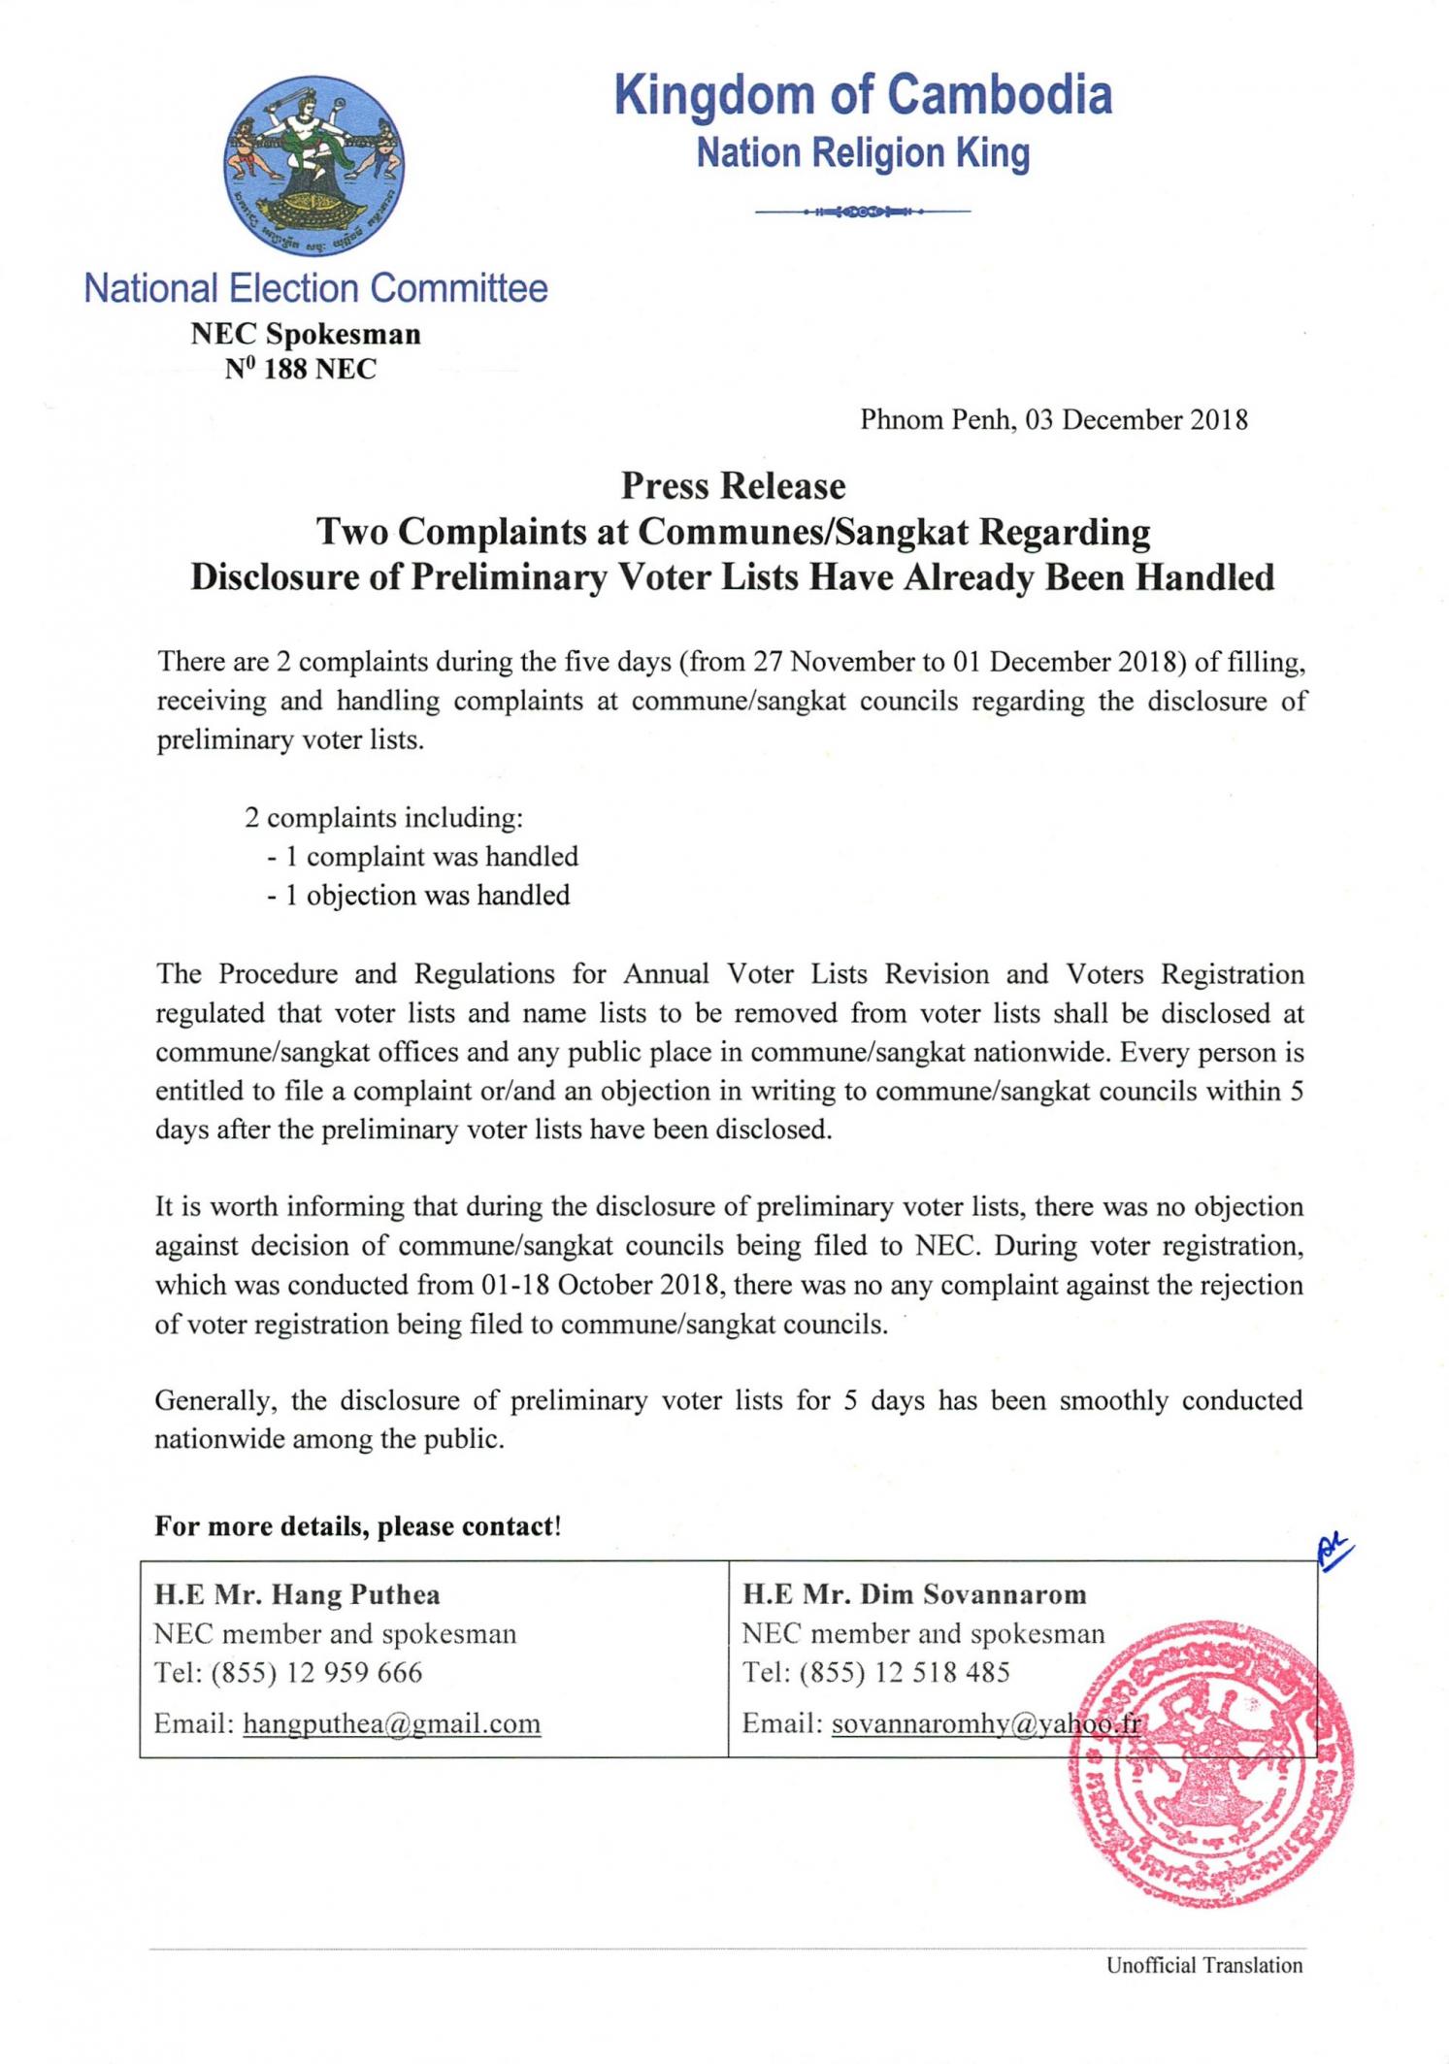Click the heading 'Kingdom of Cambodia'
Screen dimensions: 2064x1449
[x=863, y=95]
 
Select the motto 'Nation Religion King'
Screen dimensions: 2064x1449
[x=863, y=153]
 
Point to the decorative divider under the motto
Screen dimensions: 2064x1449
[x=862, y=211]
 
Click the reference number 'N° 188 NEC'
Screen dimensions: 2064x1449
[x=301, y=370]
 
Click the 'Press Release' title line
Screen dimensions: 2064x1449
[x=733, y=485]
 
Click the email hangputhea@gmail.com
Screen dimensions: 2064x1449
[x=391, y=1723]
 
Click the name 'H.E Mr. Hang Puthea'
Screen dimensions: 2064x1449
[x=297, y=1594]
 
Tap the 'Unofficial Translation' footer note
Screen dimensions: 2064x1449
[x=1204, y=1966]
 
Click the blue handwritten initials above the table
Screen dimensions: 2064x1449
[x=1334, y=1552]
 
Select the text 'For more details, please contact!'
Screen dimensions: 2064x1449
[x=358, y=1526]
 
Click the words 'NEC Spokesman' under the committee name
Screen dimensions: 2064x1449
[x=306, y=335]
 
